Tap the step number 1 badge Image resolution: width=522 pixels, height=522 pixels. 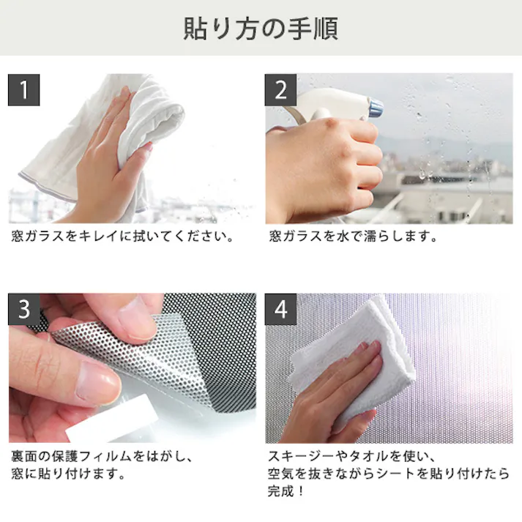tap(24, 90)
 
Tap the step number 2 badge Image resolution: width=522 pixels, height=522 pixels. tap(281, 90)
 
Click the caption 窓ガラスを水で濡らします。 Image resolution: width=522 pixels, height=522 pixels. tap(353, 237)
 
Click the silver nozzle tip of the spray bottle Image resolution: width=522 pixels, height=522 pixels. tap(375, 108)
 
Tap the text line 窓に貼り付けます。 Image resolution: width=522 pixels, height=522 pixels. tap(67, 473)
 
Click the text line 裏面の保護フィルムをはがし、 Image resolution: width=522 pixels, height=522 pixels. tap(102, 456)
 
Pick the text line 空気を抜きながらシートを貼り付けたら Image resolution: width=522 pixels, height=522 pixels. tap(389, 473)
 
